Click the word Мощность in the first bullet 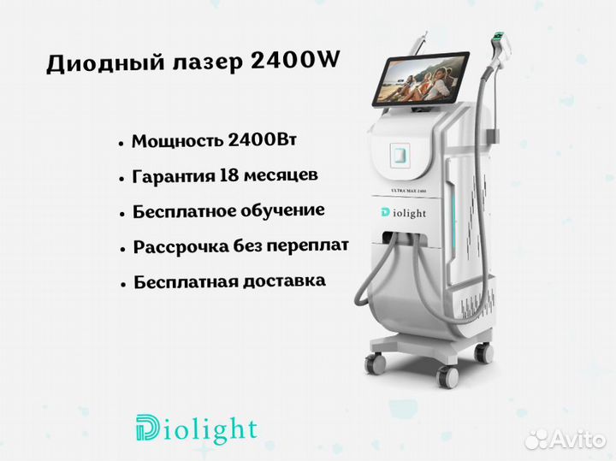176,141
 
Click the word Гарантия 173,176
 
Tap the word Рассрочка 181,247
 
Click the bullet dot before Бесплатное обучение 122,215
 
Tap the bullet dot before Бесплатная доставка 123,284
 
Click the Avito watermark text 577,440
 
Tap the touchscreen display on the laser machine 421,80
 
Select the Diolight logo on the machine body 404,213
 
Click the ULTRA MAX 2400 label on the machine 409,191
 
